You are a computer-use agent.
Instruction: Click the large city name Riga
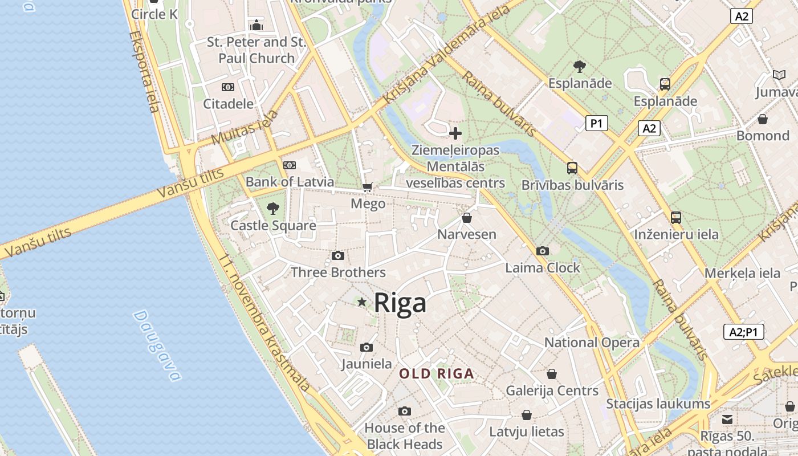click(400, 303)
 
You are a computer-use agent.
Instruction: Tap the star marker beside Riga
click(361, 302)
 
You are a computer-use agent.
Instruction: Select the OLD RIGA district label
click(437, 374)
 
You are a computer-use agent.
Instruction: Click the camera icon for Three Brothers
click(338, 255)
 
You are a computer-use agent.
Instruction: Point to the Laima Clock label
click(543, 267)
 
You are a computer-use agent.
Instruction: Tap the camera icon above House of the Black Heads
click(405, 411)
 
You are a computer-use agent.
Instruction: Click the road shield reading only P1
click(596, 123)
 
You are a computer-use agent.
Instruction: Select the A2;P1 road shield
click(743, 332)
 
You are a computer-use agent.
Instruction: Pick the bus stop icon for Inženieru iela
click(676, 217)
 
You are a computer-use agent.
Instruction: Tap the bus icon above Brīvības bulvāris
click(572, 168)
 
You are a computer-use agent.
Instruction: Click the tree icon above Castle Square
click(273, 208)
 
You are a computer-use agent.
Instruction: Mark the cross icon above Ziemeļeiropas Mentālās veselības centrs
click(455, 133)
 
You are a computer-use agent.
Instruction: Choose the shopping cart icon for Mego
click(368, 187)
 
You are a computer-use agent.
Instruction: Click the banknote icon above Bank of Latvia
click(290, 165)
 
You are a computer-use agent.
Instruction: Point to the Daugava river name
click(157, 345)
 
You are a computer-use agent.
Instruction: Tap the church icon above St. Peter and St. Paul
click(256, 25)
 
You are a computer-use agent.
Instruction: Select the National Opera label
click(592, 343)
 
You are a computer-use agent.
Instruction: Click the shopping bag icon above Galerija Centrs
click(552, 374)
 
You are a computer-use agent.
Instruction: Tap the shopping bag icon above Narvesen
click(467, 218)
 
